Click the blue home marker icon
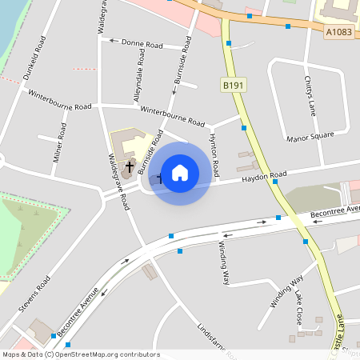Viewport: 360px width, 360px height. (x=180, y=173)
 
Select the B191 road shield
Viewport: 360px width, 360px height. (x=232, y=83)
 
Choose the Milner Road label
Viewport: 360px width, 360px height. (x=60, y=142)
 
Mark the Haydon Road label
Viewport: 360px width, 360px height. (x=265, y=177)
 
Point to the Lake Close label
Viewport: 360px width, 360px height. (x=298, y=306)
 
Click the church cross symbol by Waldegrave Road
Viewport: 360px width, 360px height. (x=130, y=166)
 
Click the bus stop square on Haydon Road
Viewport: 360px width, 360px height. (x=274, y=182)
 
